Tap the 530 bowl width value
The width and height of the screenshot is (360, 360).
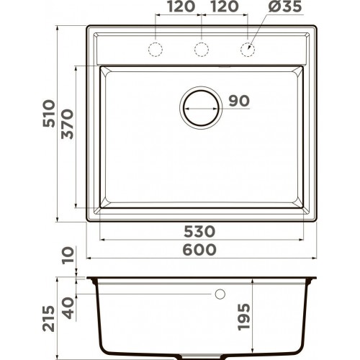click(x=199, y=231)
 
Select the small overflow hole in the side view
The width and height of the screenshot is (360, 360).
click(x=219, y=294)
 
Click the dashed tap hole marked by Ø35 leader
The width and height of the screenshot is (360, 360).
click(x=248, y=48)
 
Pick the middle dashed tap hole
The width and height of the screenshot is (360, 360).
click(x=202, y=48)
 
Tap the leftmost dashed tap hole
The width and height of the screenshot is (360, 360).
click(x=155, y=48)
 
